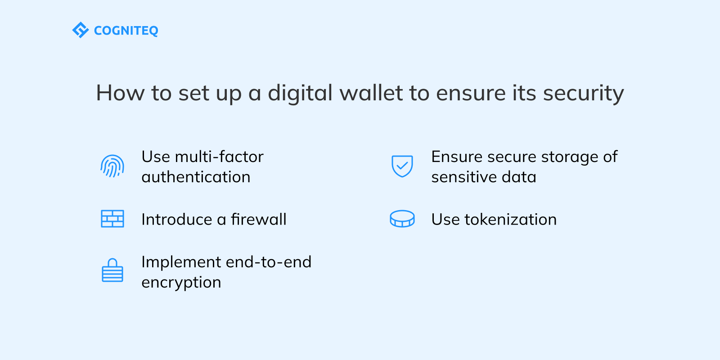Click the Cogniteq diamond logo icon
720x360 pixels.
(x=81, y=30)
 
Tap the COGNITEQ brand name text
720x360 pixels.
(x=126, y=31)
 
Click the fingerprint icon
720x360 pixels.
(x=112, y=166)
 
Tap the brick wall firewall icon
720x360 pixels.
(x=112, y=219)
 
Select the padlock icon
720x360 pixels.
(x=112, y=270)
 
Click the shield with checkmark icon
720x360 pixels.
(x=402, y=166)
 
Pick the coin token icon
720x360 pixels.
(x=402, y=219)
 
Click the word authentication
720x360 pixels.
(x=196, y=177)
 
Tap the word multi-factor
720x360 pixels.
(x=219, y=157)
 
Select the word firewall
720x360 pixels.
(x=259, y=219)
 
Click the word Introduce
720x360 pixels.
(x=176, y=219)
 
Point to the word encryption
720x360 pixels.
(x=181, y=283)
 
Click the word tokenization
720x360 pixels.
(x=510, y=219)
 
